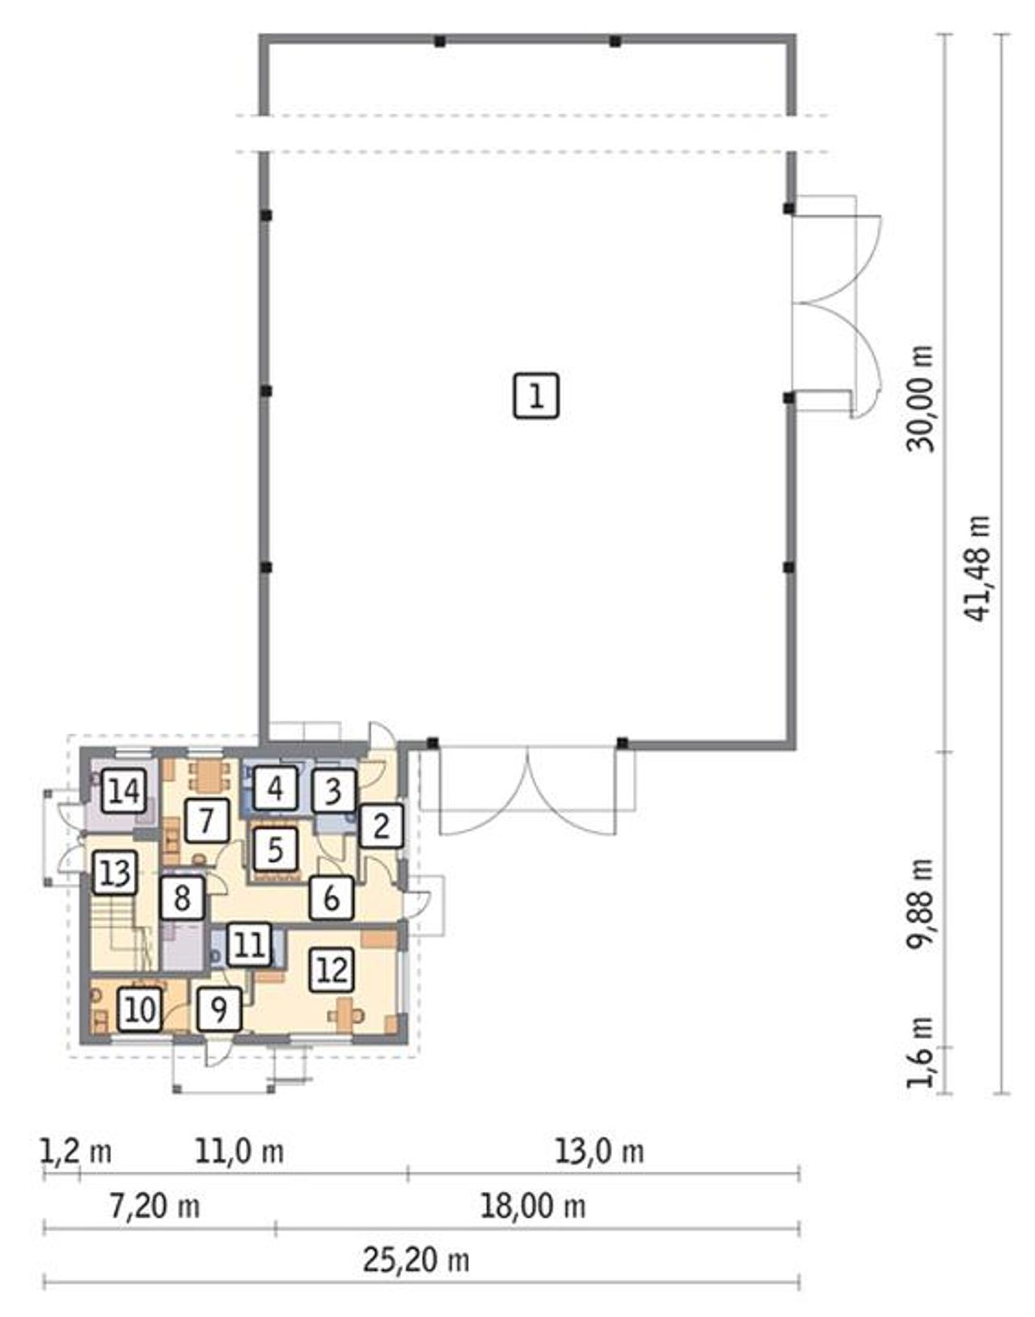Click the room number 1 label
click(x=536, y=396)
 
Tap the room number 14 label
click(x=125, y=791)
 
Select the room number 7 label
click(x=207, y=821)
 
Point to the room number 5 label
click(x=275, y=850)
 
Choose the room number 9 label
click(x=219, y=1010)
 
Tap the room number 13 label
click(x=116, y=873)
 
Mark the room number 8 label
click(x=183, y=898)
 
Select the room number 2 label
click(x=381, y=826)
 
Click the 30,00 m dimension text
click(x=920, y=398)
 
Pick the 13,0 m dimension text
click(x=599, y=1151)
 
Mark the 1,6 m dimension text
click(x=920, y=1051)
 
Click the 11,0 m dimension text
click(x=239, y=1151)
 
